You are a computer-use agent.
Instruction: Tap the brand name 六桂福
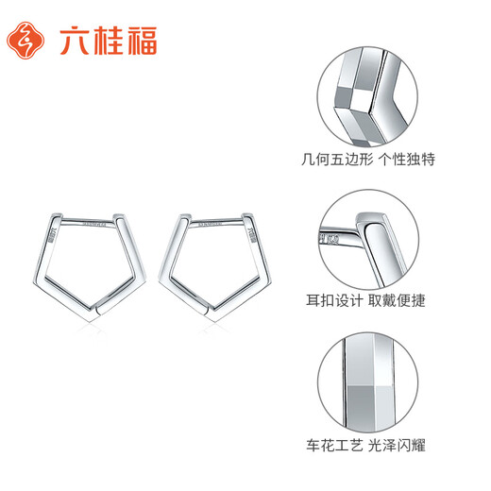click(110, 40)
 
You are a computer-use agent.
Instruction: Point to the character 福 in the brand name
click(140, 40)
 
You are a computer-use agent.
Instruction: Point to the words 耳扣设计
click(347, 301)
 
